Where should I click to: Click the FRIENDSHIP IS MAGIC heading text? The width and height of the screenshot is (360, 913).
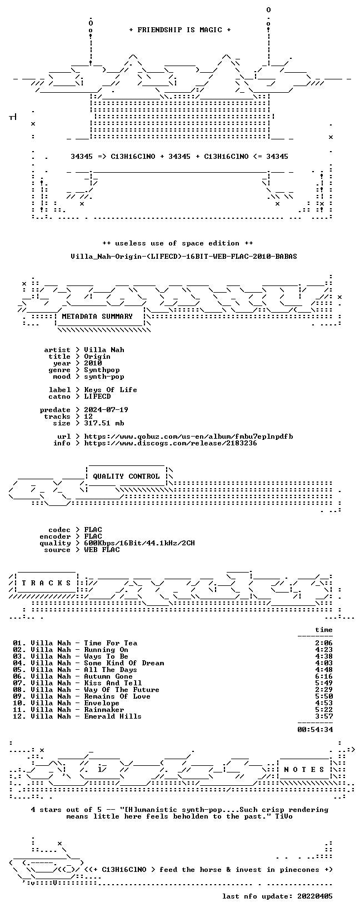click(180, 30)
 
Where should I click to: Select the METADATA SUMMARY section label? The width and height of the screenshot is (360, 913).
click(97, 317)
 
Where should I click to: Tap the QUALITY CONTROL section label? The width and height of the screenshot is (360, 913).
click(126, 476)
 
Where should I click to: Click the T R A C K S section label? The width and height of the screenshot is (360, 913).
click(47, 583)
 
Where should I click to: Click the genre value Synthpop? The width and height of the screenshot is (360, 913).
click(102, 370)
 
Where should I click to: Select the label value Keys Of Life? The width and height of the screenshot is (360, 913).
click(111, 390)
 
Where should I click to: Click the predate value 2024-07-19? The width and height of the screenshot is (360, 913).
click(106, 410)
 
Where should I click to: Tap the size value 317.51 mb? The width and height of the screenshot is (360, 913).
click(104, 423)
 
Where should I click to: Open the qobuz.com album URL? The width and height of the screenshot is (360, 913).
click(188, 437)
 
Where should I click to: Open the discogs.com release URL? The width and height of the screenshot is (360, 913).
click(171, 443)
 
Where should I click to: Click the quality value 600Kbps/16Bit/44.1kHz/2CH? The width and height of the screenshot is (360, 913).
click(139, 543)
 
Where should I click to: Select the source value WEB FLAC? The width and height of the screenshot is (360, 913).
click(102, 550)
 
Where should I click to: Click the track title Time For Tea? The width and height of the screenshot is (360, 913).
click(111, 643)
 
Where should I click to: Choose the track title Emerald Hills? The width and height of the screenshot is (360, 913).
click(113, 716)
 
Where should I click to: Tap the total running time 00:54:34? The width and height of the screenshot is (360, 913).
click(315, 730)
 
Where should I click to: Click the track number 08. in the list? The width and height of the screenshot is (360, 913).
click(19, 690)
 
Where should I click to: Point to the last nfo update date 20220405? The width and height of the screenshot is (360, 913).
click(315, 896)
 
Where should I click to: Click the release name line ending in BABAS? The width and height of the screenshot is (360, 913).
click(184, 257)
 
